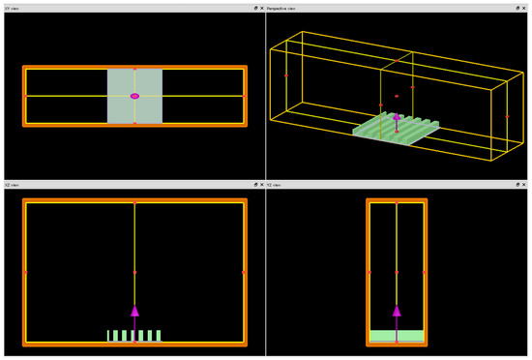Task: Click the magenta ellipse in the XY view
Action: pyautogui.click(x=134, y=96)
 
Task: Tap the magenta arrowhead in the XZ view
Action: pyautogui.click(x=134, y=311)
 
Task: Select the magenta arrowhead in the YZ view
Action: pyautogui.click(x=397, y=311)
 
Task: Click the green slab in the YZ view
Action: pyautogui.click(x=397, y=336)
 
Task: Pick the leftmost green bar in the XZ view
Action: pyautogui.click(x=108, y=336)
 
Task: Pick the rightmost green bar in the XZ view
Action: pyautogui.click(x=159, y=336)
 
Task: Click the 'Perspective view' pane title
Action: pyautogui.click(x=284, y=8)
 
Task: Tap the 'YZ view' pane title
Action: pyautogui.click(x=276, y=185)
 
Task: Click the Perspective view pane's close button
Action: pyautogui.click(x=526, y=8)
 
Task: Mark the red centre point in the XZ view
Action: pyautogui.click(x=134, y=272)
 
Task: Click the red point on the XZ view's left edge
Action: pyautogui.click(x=25, y=272)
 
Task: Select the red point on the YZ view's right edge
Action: pyautogui.click(x=425, y=272)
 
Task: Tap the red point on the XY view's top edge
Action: pyautogui.click(x=134, y=68)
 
